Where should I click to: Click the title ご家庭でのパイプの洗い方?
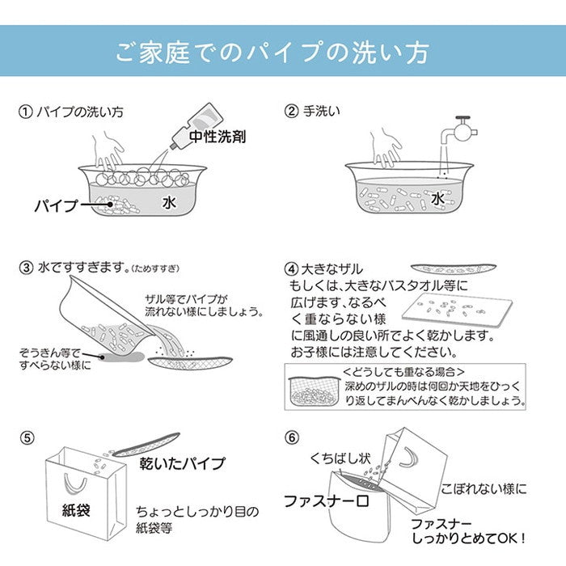pos(283,53)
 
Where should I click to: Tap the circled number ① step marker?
pos(25,111)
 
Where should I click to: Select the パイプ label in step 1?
pos(57,206)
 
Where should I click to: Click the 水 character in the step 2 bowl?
pos(437,197)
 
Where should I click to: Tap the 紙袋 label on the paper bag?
pos(78,509)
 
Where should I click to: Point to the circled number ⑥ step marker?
pos(293,439)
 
